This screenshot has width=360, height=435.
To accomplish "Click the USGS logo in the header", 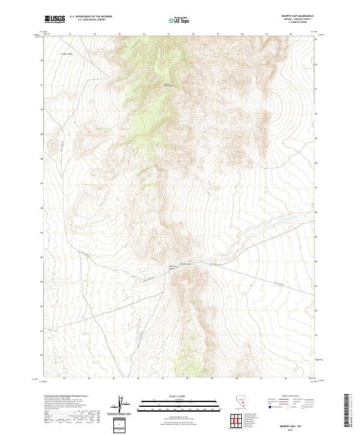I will click(55, 19).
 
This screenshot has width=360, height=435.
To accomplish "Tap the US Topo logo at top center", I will click(179, 20).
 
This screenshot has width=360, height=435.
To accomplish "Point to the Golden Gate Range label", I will click(169, 85).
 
